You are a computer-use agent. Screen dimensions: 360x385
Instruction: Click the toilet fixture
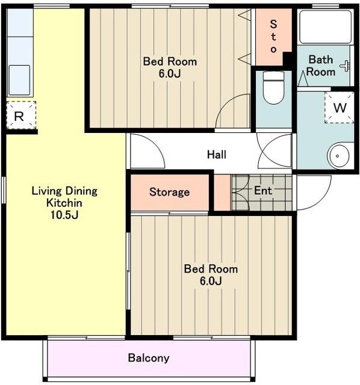tap(273, 88)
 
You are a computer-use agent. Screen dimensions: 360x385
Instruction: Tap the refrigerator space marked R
tap(21, 115)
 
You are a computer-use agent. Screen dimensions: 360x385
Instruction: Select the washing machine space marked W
tap(340, 107)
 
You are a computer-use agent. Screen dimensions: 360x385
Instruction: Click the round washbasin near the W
tap(340, 155)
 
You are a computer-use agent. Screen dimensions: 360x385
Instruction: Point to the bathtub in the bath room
tap(325, 26)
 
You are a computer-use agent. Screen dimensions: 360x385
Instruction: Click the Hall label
tap(217, 155)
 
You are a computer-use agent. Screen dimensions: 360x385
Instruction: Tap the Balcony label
tap(149, 359)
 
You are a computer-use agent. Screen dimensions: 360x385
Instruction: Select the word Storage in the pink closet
tap(169, 192)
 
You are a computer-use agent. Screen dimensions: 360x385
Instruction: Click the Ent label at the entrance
tap(263, 191)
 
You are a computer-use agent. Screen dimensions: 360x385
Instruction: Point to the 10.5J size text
tap(64, 215)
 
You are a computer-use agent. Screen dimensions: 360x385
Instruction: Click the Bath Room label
tap(321, 66)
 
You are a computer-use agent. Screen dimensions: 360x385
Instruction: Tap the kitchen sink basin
tap(19, 80)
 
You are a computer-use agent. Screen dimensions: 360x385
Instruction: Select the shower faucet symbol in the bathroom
tap(346, 66)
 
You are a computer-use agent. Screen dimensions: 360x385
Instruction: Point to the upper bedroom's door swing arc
tap(226, 104)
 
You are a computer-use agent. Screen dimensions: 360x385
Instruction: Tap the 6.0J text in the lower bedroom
tap(211, 281)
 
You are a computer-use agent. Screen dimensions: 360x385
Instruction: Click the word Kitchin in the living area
tap(64, 203)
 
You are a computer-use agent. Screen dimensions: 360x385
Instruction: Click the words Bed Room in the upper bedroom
tap(170, 61)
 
